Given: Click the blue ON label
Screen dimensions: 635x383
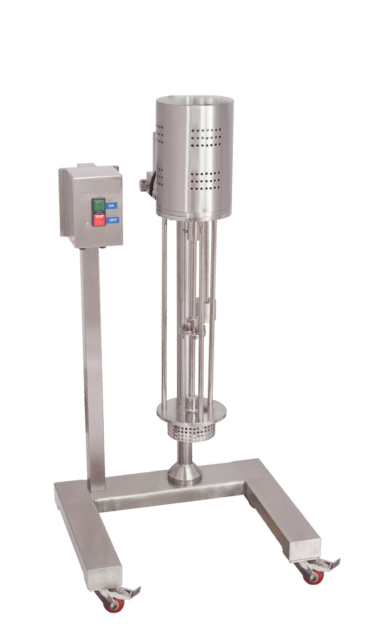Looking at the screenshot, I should pos(112,205).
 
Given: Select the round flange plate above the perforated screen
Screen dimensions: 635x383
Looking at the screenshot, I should pos(191,414).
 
